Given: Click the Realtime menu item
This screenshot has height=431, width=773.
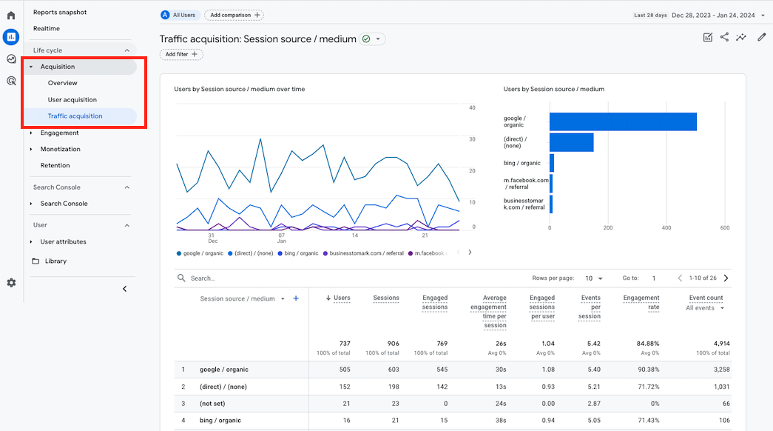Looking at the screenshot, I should tap(47, 28).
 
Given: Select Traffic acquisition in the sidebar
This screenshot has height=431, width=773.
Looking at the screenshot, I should tap(75, 116).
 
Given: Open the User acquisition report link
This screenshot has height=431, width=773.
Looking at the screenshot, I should tap(72, 99).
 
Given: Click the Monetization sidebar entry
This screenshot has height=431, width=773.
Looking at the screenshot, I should tap(60, 149).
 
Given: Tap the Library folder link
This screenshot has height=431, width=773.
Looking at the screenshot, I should tap(55, 261).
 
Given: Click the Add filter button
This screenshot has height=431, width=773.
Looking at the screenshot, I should tap(181, 54).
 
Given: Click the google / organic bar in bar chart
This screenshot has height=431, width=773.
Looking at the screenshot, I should tap(623, 121).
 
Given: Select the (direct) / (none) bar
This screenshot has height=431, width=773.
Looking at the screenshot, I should tap(571, 142).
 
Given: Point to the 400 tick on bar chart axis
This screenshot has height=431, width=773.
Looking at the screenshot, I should tap(666, 228).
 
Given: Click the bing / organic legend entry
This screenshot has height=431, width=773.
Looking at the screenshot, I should tap(299, 253).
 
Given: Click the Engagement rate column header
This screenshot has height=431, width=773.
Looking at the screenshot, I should tap(641, 302).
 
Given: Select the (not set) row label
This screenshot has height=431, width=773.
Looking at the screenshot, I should tap(212, 404).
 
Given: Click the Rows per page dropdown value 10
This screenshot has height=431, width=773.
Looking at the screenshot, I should tap(594, 278).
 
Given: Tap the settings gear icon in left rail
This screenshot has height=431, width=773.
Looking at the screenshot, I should tap(11, 283).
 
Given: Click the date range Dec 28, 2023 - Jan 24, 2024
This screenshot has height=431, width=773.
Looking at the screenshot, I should tap(713, 15).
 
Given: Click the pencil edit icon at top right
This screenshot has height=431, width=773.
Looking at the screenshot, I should tap(761, 37).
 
